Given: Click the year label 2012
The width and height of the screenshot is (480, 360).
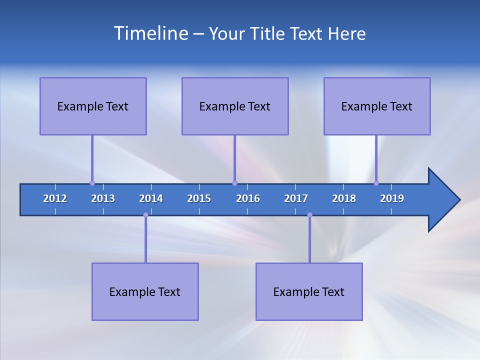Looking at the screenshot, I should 55,198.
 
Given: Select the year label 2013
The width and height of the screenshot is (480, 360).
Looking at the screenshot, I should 103,198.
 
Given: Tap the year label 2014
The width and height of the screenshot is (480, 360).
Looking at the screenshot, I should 151,198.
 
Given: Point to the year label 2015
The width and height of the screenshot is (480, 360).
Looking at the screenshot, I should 199,198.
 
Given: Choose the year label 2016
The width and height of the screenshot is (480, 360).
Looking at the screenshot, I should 248,198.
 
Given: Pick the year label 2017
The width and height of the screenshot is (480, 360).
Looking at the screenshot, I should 296,198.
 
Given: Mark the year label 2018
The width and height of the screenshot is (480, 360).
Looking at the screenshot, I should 344,198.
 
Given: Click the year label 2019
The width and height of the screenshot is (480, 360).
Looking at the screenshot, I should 392,198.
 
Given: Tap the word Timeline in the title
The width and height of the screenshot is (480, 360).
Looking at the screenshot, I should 150,33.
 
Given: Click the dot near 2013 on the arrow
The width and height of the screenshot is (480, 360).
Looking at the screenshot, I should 92,183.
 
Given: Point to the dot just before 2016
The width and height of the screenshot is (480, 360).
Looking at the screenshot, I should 234,183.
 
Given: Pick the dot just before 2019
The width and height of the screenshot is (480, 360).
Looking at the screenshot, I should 376,183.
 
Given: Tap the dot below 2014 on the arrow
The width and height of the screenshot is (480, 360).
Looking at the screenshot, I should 145,215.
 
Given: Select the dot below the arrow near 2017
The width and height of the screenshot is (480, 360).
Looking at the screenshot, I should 309,215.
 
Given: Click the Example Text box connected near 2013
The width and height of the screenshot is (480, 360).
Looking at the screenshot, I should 93,106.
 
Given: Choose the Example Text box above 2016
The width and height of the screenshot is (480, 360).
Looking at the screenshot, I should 235,106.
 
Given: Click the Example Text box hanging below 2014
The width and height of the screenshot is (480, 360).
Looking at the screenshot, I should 145,291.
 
